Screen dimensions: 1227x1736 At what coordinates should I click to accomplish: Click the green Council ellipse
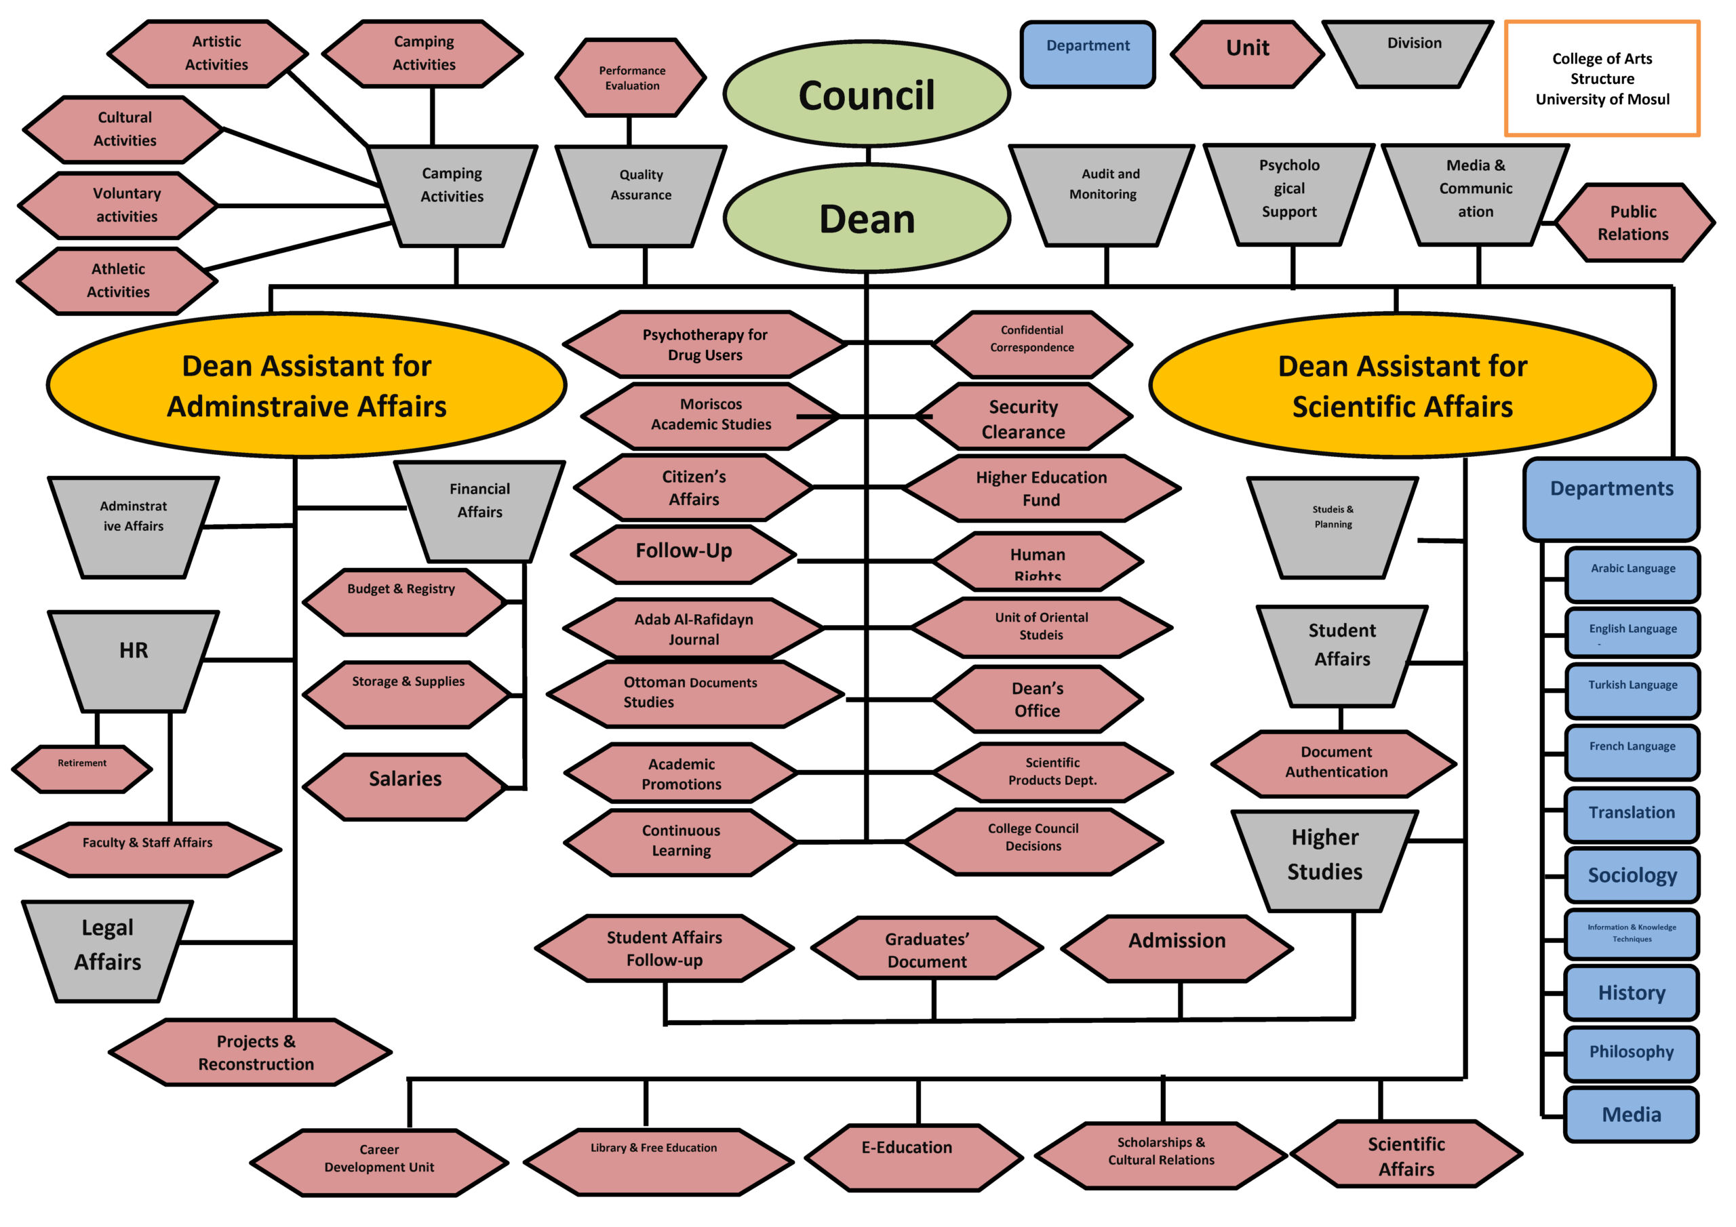(867, 94)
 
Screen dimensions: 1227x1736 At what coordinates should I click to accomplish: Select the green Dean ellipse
(867, 218)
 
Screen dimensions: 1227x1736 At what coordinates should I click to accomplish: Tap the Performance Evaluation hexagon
(631, 78)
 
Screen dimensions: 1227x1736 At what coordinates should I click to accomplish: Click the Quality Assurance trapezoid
(642, 195)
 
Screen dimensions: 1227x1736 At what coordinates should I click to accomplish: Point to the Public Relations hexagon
(1633, 223)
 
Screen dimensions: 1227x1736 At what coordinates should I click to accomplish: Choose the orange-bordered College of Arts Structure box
(1602, 79)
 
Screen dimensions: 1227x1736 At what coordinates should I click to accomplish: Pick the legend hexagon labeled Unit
(1248, 53)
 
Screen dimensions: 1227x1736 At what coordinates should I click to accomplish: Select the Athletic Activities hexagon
(118, 281)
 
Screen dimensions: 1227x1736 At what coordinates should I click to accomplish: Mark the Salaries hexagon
(406, 786)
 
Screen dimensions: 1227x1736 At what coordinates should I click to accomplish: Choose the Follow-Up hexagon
(684, 555)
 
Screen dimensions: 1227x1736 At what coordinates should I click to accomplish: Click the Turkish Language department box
(1632, 690)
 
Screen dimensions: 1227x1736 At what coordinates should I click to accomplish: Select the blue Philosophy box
(1632, 1053)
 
